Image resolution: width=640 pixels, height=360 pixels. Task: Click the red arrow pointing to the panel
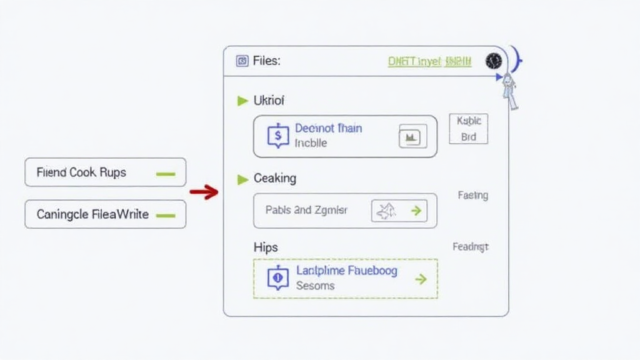pyautogui.click(x=204, y=192)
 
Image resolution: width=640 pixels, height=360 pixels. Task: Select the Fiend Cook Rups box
pyautogui.click(x=105, y=172)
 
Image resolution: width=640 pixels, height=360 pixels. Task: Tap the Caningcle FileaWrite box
pyautogui.click(x=105, y=214)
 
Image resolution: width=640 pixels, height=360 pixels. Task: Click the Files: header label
pyautogui.click(x=267, y=61)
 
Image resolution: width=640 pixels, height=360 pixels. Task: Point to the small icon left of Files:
pyautogui.click(x=242, y=61)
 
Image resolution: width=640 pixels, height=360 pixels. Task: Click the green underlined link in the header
pyautogui.click(x=429, y=61)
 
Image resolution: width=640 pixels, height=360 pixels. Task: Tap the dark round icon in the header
pyautogui.click(x=493, y=61)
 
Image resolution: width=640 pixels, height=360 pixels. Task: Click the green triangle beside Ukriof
pyautogui.click(x=243, y=101)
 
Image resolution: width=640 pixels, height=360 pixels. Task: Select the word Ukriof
pyautogui.click(x=269, y=100)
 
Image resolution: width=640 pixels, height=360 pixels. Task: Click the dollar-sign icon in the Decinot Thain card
pyautogui.click(x=278, y=135)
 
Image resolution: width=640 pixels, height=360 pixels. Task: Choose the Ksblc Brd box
pyautogui.click(x=469, y=129)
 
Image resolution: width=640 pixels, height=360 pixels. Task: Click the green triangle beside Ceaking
pyautogui.click(x=243, y=179)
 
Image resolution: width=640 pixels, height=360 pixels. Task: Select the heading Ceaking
pyautogui.click(x=275, y=179)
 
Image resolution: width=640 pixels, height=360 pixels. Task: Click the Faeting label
pyautogui.click(x=472, y=196)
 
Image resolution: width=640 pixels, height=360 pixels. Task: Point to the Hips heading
pyautogui.click(x=266, y=247)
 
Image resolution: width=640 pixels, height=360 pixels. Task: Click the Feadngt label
pyautogui.click(x=471, y=247)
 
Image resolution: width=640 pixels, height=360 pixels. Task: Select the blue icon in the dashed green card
pyautogui.click(x=278, y=278)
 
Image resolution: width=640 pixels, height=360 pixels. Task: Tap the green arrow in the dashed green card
pyautogui.click(x=421, y=279)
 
